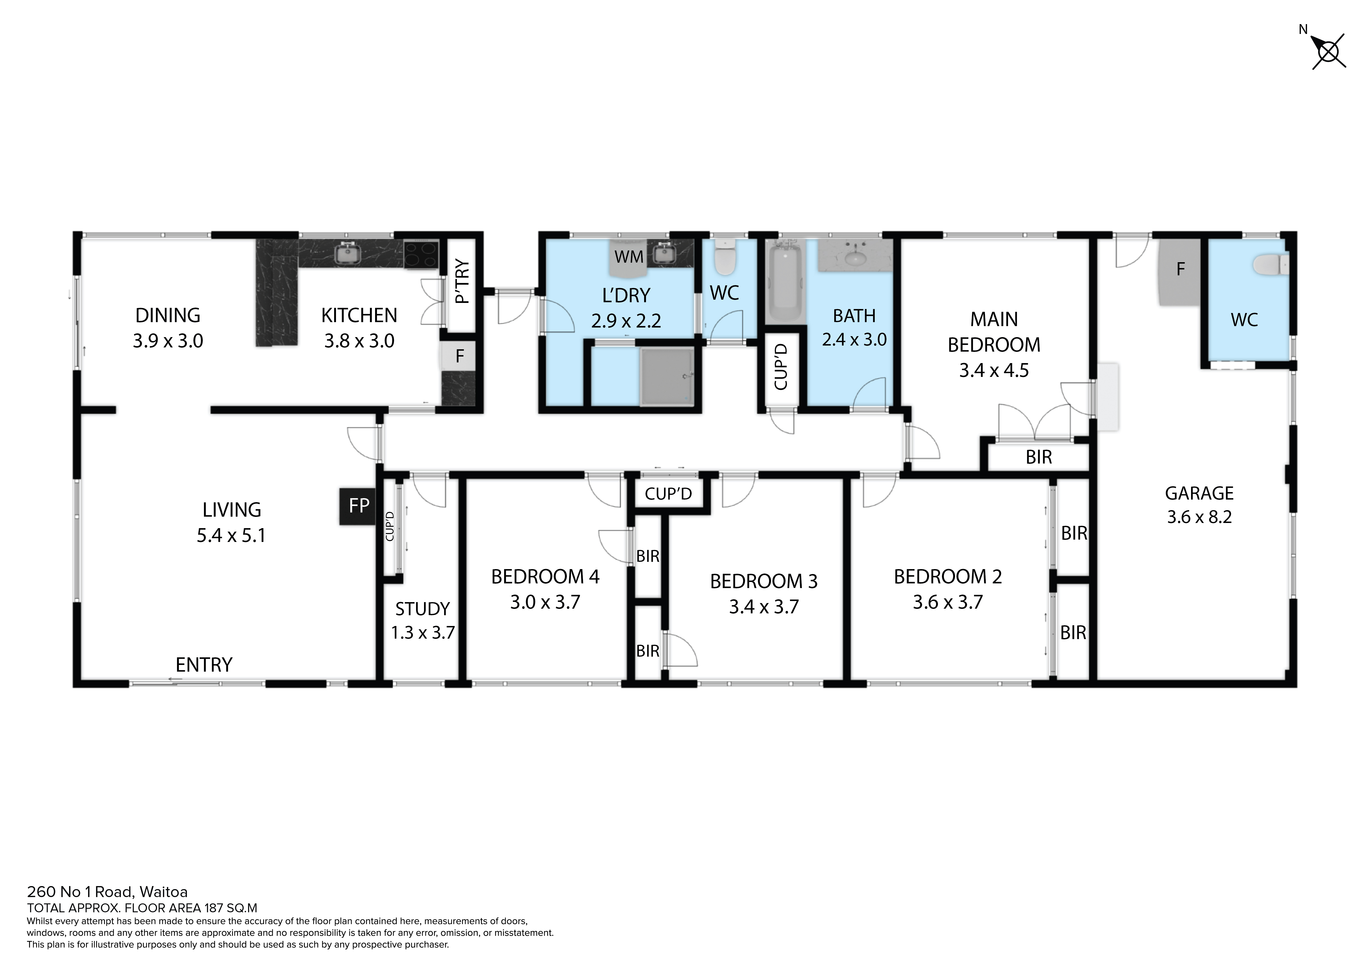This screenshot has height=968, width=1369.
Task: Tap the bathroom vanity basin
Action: point(856,256)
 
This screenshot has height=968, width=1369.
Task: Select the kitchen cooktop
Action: point(421,254)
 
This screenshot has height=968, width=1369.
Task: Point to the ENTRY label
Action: point(204,665)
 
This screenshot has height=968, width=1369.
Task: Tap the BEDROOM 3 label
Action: point(764,581)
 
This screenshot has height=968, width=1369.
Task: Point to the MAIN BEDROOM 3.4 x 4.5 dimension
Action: point(994,370)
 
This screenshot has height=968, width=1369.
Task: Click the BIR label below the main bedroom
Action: point(1039,457)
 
